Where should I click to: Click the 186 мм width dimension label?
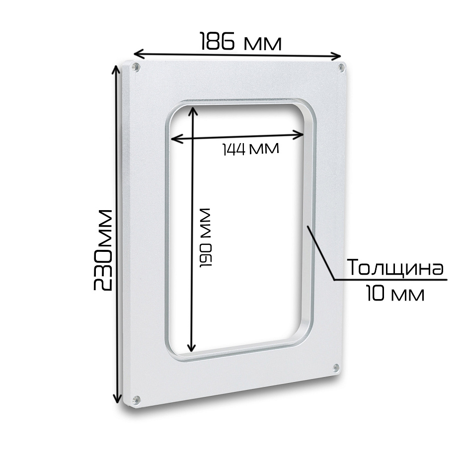tap(241, 41)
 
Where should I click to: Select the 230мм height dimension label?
tap(103, 250)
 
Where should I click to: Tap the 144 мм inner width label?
tap(250, 149)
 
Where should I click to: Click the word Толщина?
tap(396, 267)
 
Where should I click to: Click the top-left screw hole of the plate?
tap(136, 67)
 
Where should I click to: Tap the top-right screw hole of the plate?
tap(342, 68)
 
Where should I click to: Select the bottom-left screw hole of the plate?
tap(136, 399)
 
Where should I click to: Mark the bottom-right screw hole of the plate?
tap(336, 367)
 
